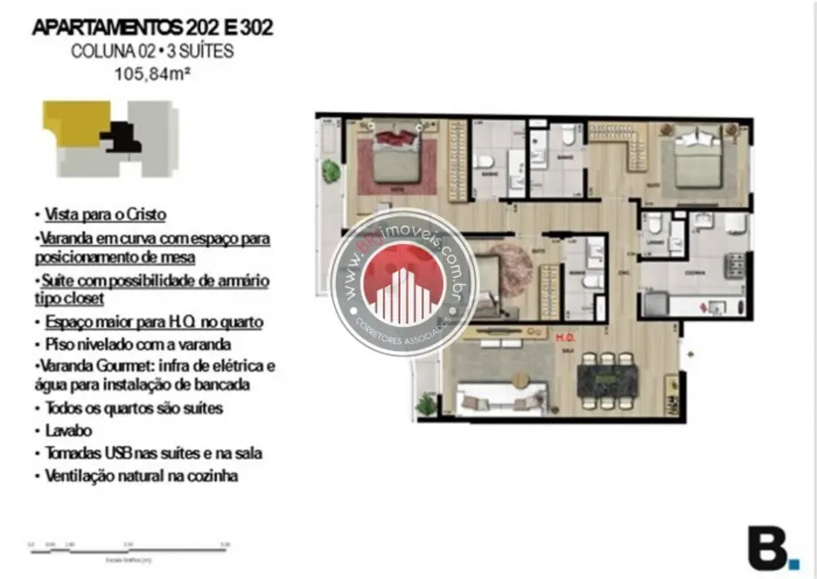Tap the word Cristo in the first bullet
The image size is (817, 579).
click(147, 215)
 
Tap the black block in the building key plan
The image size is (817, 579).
click(121, 136)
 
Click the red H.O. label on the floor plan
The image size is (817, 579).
click(564, 338)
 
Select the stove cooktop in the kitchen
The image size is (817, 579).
click(735, 265)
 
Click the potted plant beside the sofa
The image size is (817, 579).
click(427, 404)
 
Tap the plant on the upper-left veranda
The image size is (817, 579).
click(331, 169)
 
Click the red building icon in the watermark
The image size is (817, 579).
click(404, 284)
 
